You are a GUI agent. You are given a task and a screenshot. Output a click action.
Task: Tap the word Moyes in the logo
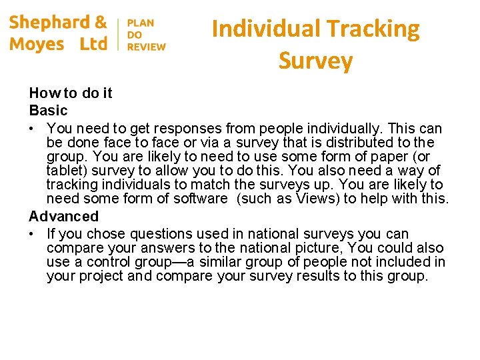(37, 45)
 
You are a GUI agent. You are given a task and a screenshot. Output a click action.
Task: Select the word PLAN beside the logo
(140, 23)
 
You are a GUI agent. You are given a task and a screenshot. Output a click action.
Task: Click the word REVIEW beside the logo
(147, 47)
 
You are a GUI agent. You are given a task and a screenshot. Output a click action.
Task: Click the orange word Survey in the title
(315, 61)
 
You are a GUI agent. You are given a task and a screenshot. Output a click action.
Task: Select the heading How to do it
(71, 93)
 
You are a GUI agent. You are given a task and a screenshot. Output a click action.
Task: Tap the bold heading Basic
(48, 111)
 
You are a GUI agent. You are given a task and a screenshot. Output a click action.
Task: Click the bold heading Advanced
(63, 217)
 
